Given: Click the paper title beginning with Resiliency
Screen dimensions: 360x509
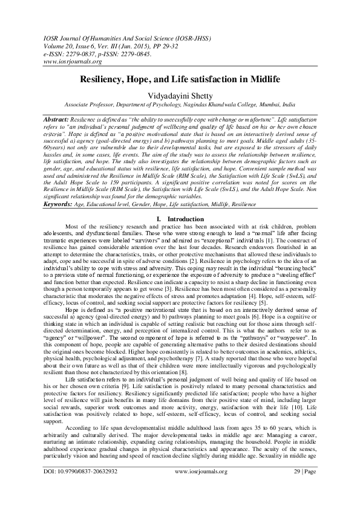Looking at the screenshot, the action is (x=180, y=79).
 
